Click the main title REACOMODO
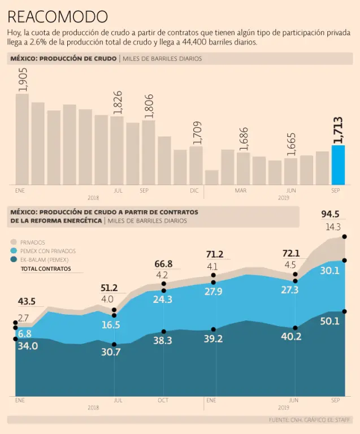click(58, 16)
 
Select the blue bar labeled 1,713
click(338, 164)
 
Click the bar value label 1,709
click(196, 133)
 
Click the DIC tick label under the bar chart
click(194, 190)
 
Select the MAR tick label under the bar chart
click(241, 190)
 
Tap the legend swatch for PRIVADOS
click(15, 242)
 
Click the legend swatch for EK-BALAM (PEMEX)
click(15, 260)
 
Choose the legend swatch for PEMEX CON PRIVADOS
click(15, 251)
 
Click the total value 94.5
click(330, 215)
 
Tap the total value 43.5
click(26, 302)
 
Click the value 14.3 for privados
click(333, 227)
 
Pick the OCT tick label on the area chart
click(163, 401)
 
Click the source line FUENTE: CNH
click(310, 420)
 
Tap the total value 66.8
click(163, 264)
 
